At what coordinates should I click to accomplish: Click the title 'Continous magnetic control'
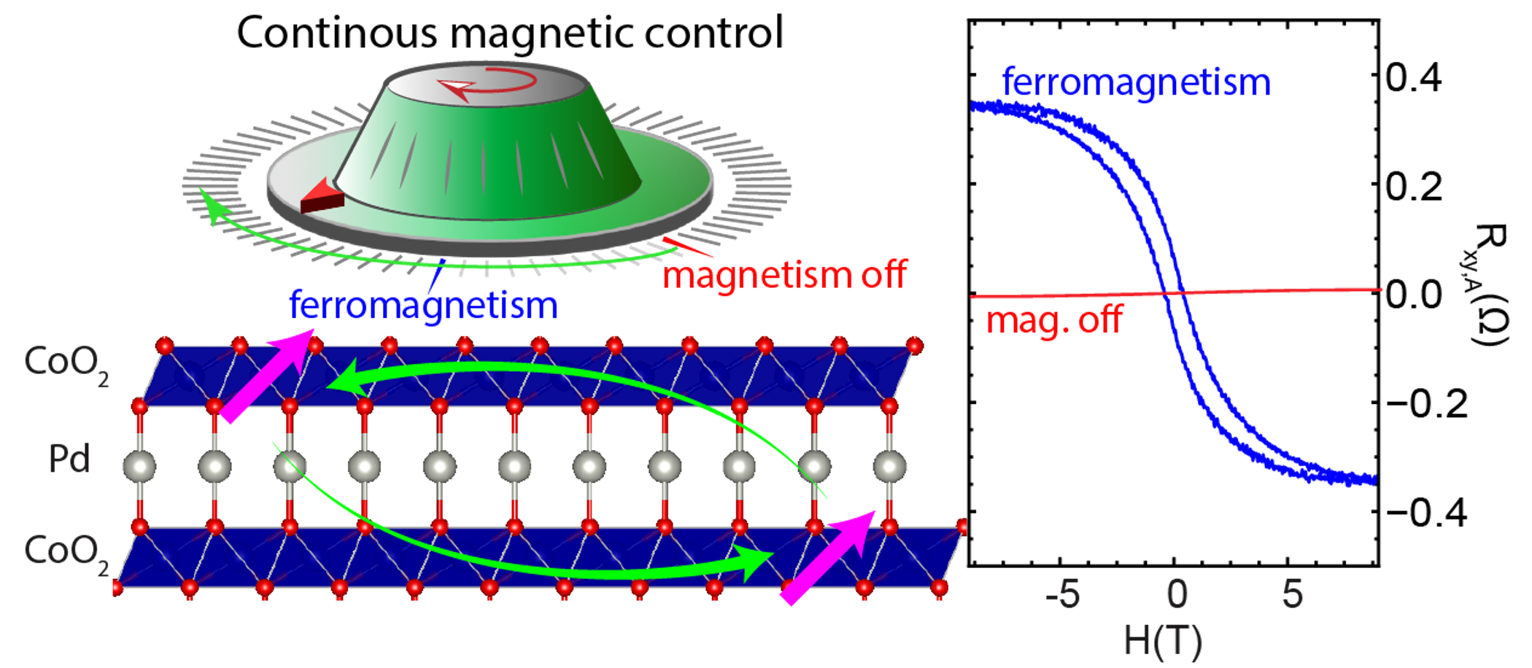pos(510,33)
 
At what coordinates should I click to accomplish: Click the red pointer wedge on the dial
pos(322,195)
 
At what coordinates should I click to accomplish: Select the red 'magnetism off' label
pos(784,275)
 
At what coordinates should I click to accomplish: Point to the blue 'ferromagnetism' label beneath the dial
pos(423,305)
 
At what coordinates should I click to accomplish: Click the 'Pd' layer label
pos(69,459)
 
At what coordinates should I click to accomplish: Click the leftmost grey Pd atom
pos(139,466)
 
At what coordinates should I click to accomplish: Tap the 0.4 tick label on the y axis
pos(1414,77)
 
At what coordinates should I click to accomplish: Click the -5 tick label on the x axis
pos(1062,595)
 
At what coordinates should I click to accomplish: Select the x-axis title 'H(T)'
pos(1163,641)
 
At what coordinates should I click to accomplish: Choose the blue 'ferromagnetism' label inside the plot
pos(1137,82)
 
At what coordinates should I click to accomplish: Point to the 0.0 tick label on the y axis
pos(1414,295)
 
